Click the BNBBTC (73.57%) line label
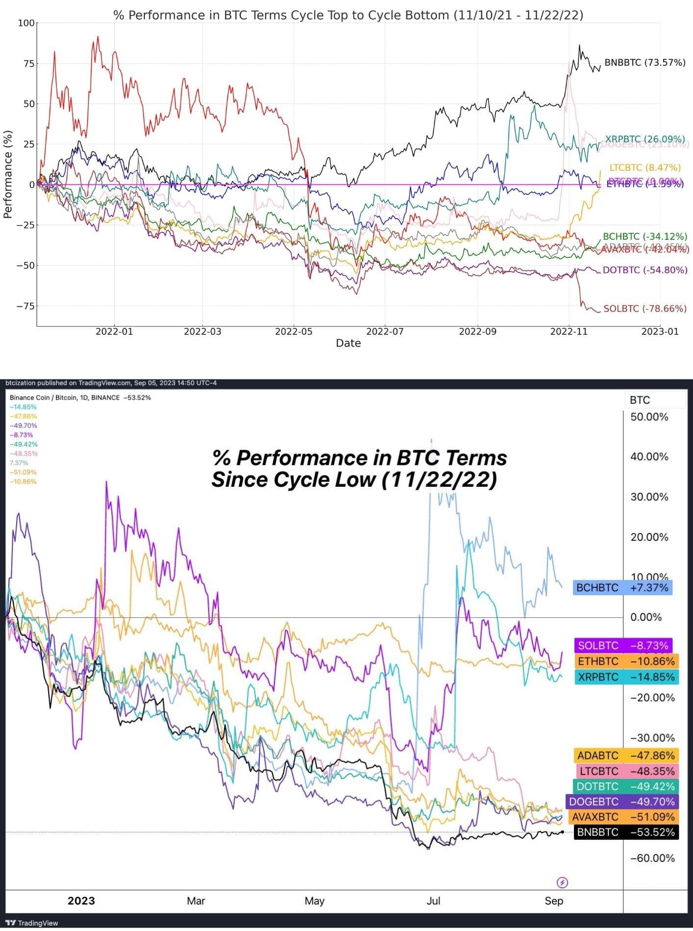(x=644, y=63)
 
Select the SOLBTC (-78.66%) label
(x=644, y=308)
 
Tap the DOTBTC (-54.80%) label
(x=644, y=270)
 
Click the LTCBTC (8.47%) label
(x=645, y=168)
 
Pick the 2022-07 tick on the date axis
(x=385, y=331)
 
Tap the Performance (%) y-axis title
(x=8, y=174)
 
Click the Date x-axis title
(x=348, y=343)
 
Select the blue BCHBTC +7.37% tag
(x=622, y=587)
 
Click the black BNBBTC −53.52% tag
(x=626, y=832)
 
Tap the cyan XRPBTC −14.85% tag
(x=626, y=677)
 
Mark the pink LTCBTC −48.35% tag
(x=627, y=771)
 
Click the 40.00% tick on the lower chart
(x=649, y=457)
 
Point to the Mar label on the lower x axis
(x=196, y=901)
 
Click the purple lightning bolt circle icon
(x=563, y=883)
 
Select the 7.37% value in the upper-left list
(x=19, y=463)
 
